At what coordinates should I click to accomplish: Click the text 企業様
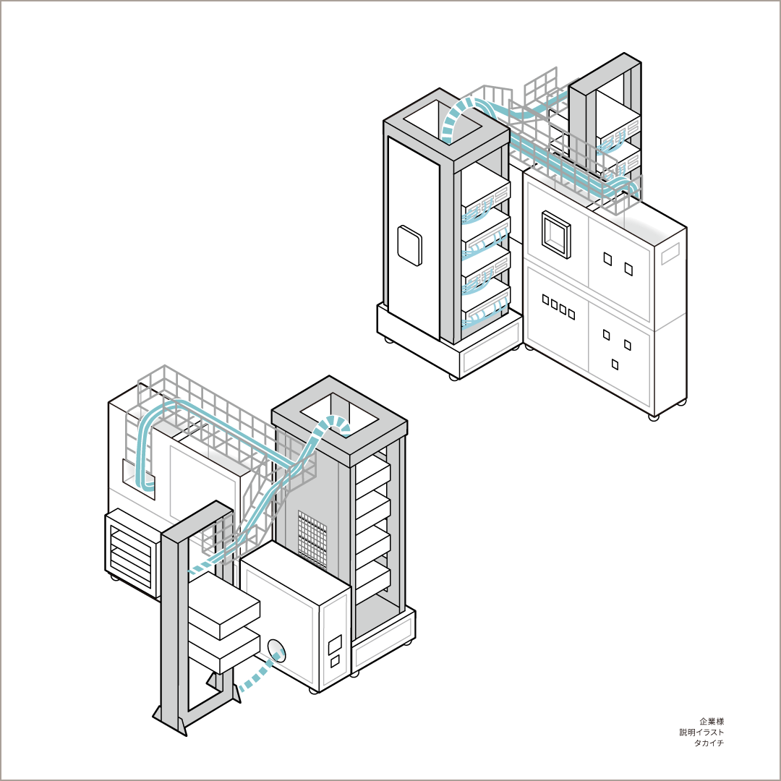[712, 721]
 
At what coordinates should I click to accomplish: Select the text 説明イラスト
[701, 732]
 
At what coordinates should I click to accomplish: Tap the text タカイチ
[709, 743]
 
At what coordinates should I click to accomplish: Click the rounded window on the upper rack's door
[409, 245]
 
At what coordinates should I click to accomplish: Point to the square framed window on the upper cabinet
[556, 234]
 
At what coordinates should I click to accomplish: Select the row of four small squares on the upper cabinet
[558, 307]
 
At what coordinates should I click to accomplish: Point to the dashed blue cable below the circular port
[260, 673]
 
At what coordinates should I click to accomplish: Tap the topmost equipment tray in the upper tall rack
[485, 196]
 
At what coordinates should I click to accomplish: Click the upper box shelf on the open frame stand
[223, 605]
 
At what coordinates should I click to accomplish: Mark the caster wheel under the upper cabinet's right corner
[654, 417]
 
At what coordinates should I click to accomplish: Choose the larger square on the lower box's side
[336, 644]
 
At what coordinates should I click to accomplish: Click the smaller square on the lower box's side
[336, 662]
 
